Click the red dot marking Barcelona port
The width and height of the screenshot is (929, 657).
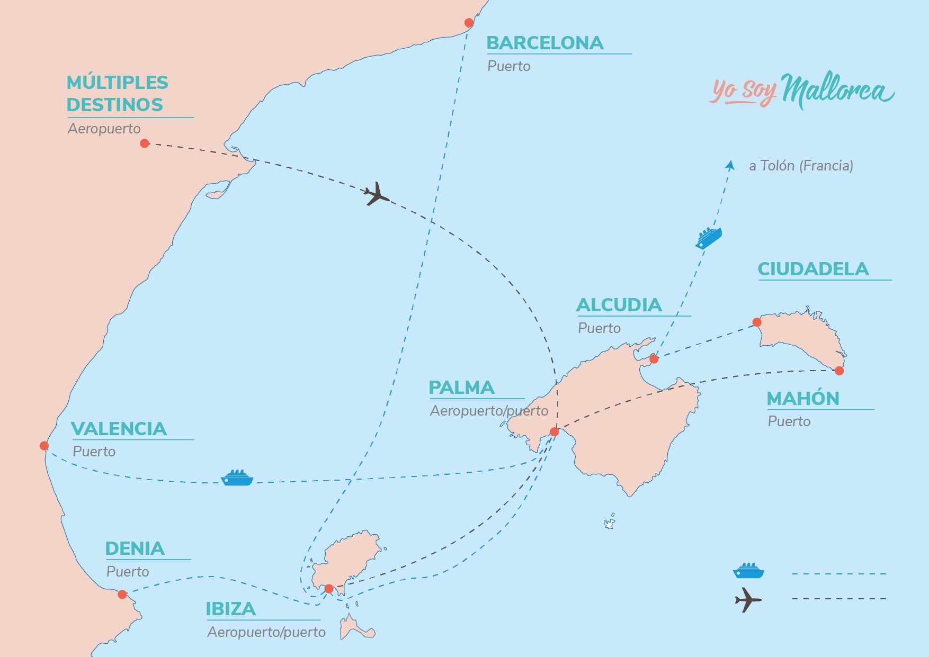(x=469, y=23)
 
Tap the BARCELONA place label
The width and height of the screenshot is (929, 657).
(x=545, y=43)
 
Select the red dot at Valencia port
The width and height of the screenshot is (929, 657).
(x=44, y=446)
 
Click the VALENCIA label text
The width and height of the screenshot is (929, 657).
(x=119, y=429)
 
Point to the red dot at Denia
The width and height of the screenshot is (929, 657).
(x=122, y=595)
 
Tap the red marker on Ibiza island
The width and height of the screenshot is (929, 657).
(x=329, y=589)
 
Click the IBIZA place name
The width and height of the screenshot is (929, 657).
(x=231, y=609)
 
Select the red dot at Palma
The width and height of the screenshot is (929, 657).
(x=555, y=432)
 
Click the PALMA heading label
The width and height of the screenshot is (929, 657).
(x=461, y=388)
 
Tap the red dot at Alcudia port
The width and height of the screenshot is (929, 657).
(x=654, y=359)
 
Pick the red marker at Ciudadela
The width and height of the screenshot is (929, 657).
(x=757, y=322)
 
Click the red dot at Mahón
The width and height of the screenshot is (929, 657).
(x=839, y=371)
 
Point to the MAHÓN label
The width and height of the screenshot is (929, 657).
(x=803, y=399)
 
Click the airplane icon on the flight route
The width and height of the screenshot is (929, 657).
(x=376, y=194)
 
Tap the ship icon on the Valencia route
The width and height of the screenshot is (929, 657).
(x=237, y=478)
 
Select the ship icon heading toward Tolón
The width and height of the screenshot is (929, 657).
(x=709, y=238)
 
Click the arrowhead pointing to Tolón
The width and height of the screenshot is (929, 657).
(x=730, y=165)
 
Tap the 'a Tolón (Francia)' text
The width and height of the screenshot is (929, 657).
(x=801, y=166)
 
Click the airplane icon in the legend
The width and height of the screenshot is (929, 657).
(x=748, y=600)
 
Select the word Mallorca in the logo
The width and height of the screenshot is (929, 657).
(x=837, y=90)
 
